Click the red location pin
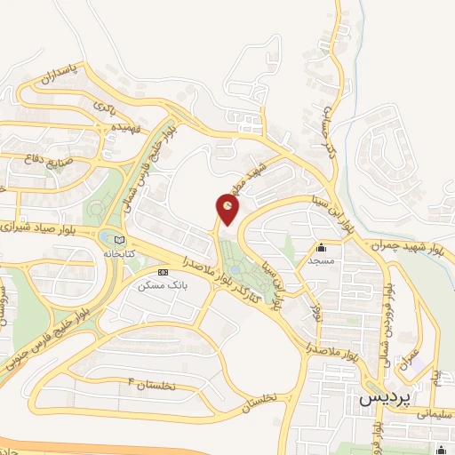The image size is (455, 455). (x=227, y=210)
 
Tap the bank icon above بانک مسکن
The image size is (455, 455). (x=162, y=271)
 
